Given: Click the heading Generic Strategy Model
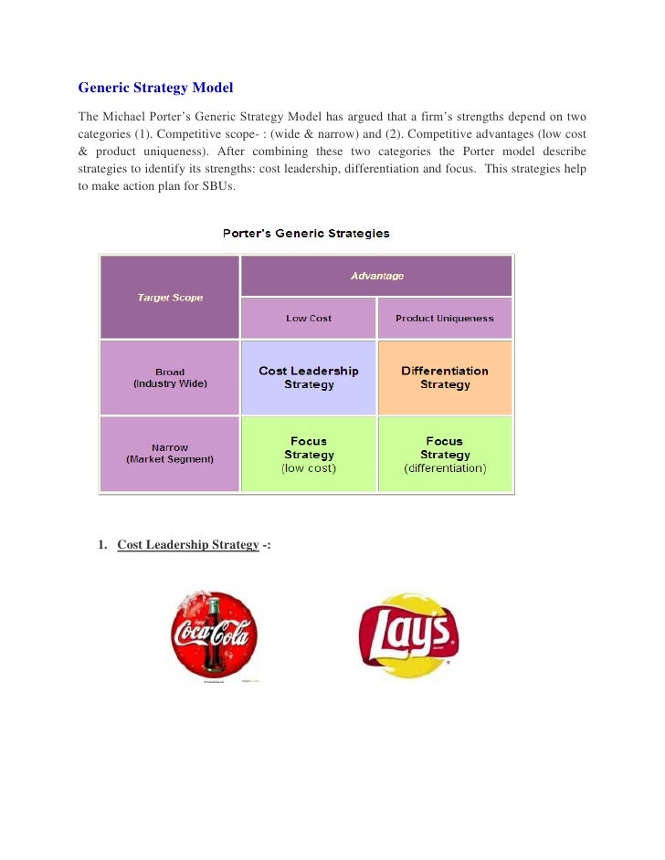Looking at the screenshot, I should [x=155, y=89].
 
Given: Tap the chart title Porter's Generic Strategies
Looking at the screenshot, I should [x=307, y=233].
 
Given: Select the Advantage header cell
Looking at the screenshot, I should [x=376, y=276].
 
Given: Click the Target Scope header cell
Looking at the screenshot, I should [x=170, y=298].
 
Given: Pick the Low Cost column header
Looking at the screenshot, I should [x=309, y=319].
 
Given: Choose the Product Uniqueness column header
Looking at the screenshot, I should [x=444, y=319].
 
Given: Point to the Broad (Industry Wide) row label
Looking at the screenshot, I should [x=170, y=378].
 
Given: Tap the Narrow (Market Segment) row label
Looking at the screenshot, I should [x=170, y=454].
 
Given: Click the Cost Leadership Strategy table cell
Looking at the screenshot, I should [x=309, y=378].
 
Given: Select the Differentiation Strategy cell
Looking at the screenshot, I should [x=445, y=378].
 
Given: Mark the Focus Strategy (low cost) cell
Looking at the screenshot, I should [x=309, y=455].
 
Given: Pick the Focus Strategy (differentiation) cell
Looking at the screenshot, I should [x=445, y=455].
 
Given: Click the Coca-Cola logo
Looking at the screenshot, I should [x=215, y=635].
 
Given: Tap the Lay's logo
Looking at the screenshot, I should [x=407, y=635].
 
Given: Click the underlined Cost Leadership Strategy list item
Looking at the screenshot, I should [x=188, y=545].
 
